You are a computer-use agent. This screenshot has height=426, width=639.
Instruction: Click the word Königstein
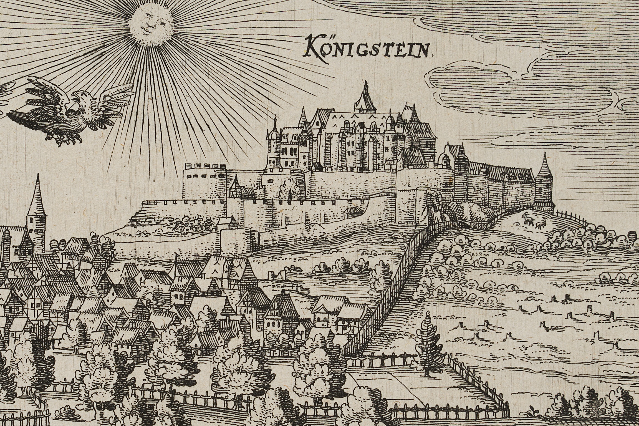click(x=368, y=48)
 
